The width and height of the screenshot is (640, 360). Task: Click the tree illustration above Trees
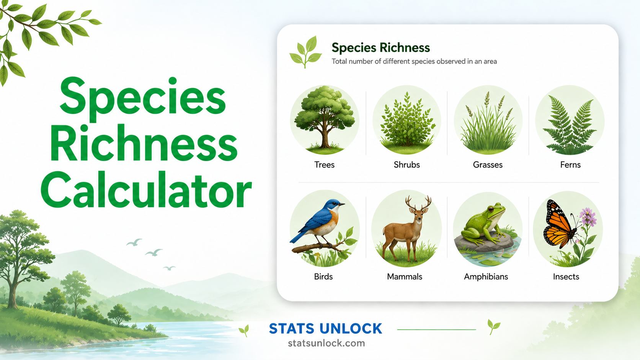click(x=325, y=119)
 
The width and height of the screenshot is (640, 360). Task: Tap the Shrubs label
click(x=407, y=165)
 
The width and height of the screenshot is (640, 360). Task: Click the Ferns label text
click(x=570, y=165)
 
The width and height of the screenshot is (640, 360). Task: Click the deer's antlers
click(x=418, y=203)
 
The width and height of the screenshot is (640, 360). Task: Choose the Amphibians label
click(x=486, y=277)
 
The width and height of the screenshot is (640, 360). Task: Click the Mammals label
click(x=404, y=277)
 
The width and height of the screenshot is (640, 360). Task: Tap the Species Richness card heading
click(x=380, y=48)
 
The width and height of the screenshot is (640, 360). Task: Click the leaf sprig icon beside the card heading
click(x=306, y=52)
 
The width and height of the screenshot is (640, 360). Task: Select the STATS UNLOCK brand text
click(x=325, y=329)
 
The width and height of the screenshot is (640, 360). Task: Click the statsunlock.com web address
click(x=326, y=343)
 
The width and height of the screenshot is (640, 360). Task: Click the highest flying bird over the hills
click(x=134, y=242)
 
